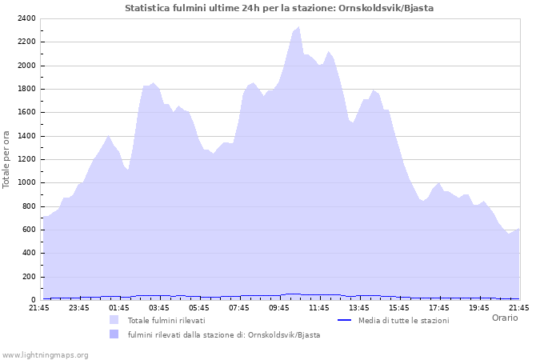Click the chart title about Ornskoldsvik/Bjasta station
point(279,8)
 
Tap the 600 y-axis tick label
point(30,230)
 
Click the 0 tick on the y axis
point(34,300)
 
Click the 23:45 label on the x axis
point(79,307)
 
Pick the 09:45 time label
point(279,307)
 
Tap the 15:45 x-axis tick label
point(399,307)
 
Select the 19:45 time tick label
point(479,307)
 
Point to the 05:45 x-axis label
point(199,307)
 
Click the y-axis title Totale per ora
point(7,160)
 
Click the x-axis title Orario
point(504,318)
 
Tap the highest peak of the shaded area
point(298,27)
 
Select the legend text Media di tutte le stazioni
point(403,320)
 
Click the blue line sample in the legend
point(345,320)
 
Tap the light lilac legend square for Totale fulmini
point(114,320)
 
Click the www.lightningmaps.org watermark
point(45,354)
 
